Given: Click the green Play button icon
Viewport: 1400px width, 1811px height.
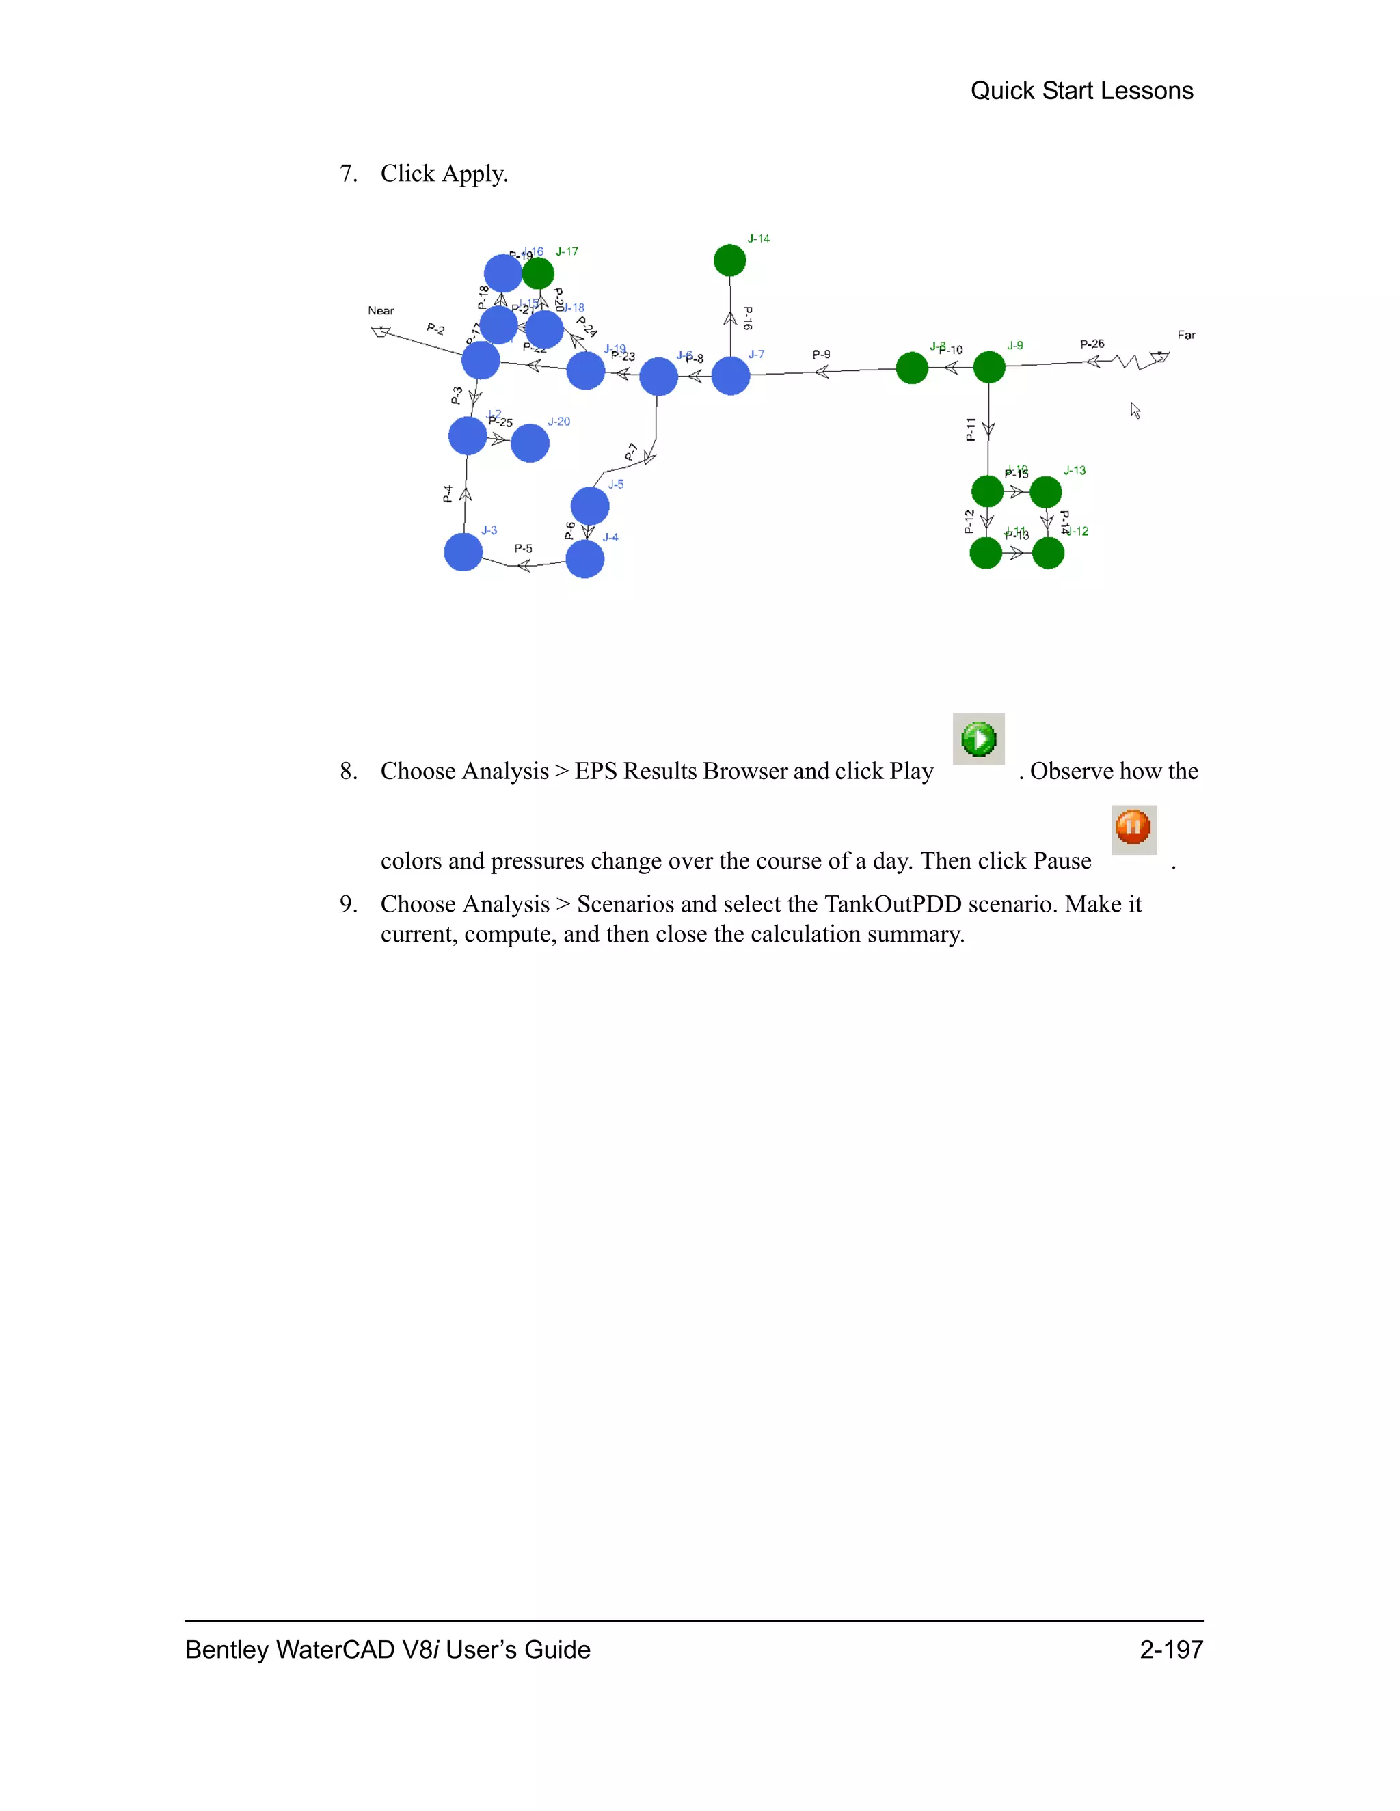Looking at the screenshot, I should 979,739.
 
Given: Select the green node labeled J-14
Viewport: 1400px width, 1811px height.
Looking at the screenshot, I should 730,260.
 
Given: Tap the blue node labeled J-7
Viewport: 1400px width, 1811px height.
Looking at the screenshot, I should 731,377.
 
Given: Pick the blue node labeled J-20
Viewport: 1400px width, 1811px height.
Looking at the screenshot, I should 530,444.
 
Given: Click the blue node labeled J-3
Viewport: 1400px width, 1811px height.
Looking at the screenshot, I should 463,552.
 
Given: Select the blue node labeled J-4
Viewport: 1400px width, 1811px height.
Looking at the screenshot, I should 584,559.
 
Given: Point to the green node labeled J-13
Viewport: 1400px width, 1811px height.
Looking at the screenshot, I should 1046,493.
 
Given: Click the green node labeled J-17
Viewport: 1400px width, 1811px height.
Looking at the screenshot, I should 538,273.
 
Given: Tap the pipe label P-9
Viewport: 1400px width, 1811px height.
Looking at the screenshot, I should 821,354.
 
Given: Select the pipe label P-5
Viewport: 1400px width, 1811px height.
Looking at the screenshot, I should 524,548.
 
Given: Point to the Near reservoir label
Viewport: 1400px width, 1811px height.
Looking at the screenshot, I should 381,311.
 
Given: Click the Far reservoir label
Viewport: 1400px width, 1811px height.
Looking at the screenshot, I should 1186,335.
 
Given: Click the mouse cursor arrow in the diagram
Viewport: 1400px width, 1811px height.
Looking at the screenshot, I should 1135,411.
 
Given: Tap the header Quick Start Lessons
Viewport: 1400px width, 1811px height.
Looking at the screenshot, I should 1081,90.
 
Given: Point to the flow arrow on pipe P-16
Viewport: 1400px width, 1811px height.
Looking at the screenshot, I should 731,318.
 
